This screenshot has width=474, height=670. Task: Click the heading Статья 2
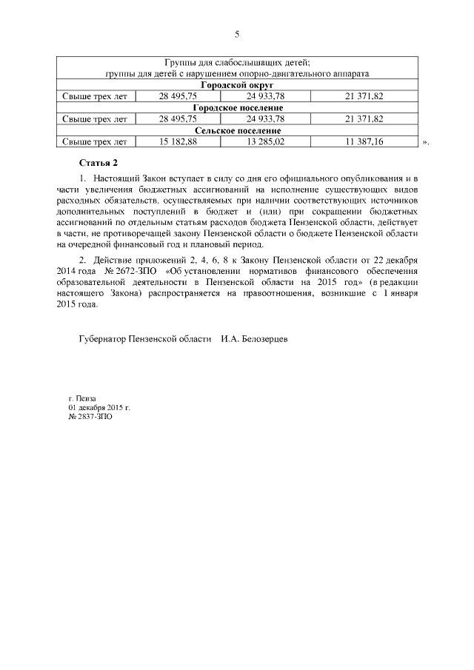[x=98, y=162]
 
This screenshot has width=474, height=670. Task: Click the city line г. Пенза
[x=82, y=398]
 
